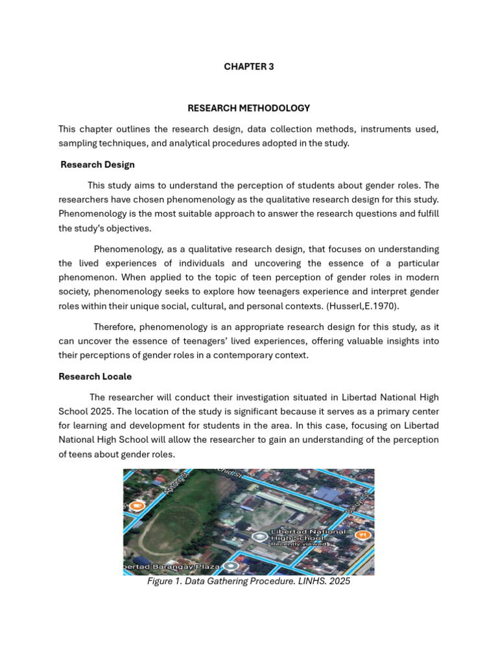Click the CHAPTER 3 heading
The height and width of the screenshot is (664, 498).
pos(248,67)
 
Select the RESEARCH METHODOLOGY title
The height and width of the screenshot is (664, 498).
pos(248,108)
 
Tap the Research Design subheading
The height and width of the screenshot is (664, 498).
pos(97,165)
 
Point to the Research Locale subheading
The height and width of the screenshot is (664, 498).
pos(95,376)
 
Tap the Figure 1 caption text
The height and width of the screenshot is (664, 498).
pos(248,582)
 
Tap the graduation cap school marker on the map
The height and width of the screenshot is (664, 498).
pos(259,537)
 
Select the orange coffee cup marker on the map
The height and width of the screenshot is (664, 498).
pos(136,506)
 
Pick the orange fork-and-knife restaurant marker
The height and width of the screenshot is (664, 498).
pos(362,535)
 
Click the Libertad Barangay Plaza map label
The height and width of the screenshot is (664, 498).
pos(172,567)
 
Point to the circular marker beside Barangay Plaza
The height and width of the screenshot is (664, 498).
pos(231,566)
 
